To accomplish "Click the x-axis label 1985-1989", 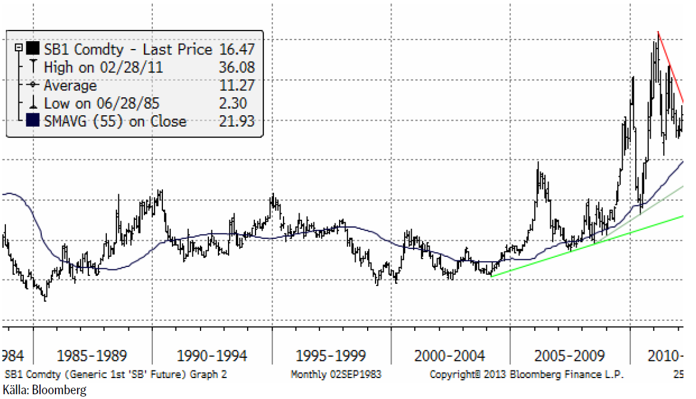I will point(92,357).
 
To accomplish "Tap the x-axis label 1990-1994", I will point(212,357).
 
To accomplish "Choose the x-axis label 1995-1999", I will point(331,357).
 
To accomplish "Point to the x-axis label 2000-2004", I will point(450,357).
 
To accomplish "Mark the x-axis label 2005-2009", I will point(569,357).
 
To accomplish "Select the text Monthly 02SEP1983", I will point(335,375).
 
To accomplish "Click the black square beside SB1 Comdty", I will point(33,49).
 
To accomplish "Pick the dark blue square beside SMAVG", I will point(33,121).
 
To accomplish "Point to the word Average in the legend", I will point(70,85).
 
